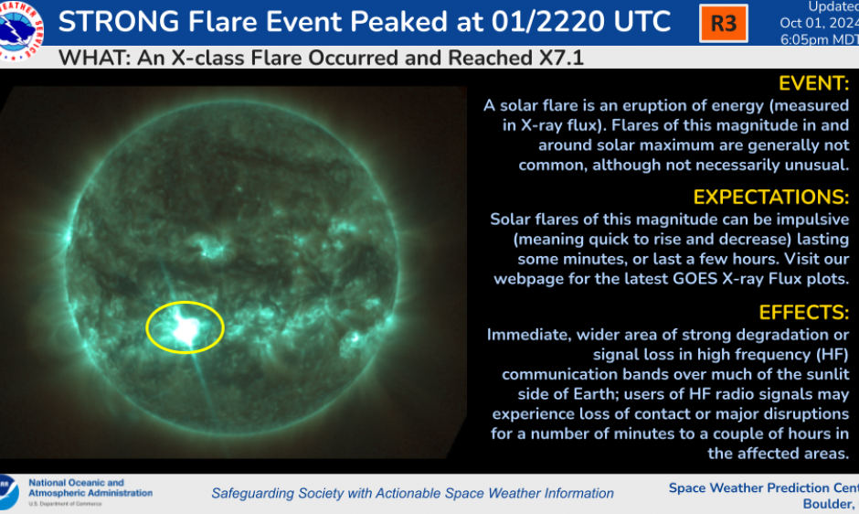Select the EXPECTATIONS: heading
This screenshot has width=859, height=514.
(770, 198)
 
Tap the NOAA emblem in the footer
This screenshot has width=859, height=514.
(8, 491)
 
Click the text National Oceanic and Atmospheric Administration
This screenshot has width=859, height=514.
(90, 487)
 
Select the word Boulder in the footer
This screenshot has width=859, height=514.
(827, 504)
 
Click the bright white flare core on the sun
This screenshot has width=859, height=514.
(187, 328)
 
